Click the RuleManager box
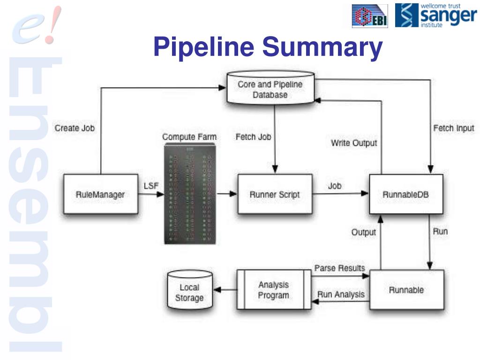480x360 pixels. (x=100, y=194)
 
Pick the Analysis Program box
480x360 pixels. (x=274, y=290)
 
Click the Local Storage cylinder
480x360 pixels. (x=189, y=292)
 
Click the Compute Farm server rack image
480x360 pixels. (x=189, y=194)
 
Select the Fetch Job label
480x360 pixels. (x=253, y=137)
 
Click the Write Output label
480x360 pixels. (x=354, y=142)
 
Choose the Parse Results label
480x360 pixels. (x=339, y=268)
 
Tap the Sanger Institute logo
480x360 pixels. (x=435, y=15)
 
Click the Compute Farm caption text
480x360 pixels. (x=189, y=136)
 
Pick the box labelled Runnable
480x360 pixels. (x=406, y=290)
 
